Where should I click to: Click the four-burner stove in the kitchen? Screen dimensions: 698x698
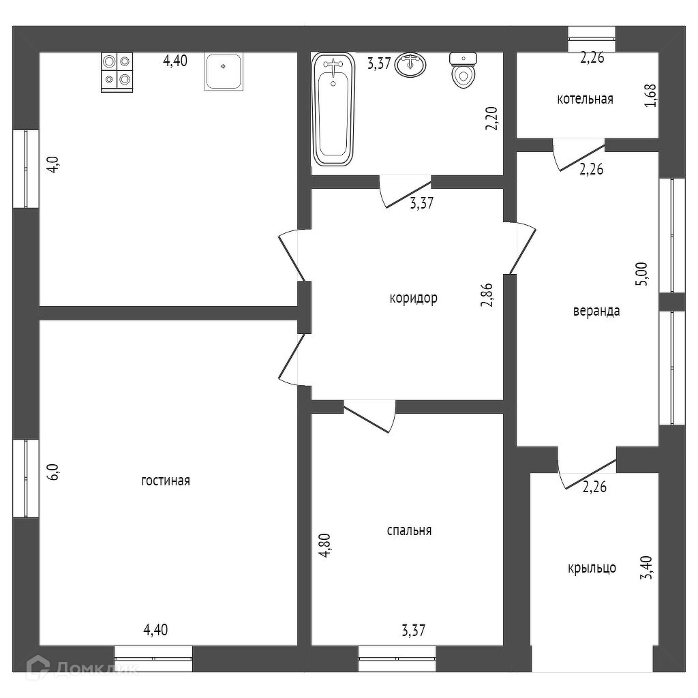[117, 72]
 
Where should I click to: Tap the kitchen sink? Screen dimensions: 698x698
[223, 72]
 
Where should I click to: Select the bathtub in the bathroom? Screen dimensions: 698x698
[333, 109]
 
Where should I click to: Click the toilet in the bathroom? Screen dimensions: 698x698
[463, 71]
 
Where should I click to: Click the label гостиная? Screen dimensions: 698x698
[166, 481]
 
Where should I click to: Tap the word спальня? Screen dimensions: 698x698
[409, 530]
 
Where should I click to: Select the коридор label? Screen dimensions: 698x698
[413, 298]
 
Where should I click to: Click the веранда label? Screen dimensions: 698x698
[596, 311]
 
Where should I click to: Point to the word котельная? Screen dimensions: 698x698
[585, 99]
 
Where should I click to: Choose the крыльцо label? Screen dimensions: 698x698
[592, 567]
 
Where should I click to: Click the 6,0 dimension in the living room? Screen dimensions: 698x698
[54, 472]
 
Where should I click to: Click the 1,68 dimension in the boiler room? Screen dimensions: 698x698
[653, 95]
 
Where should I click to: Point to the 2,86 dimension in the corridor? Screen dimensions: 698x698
[487, 294]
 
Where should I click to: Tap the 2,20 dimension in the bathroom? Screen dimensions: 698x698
[491, 117]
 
